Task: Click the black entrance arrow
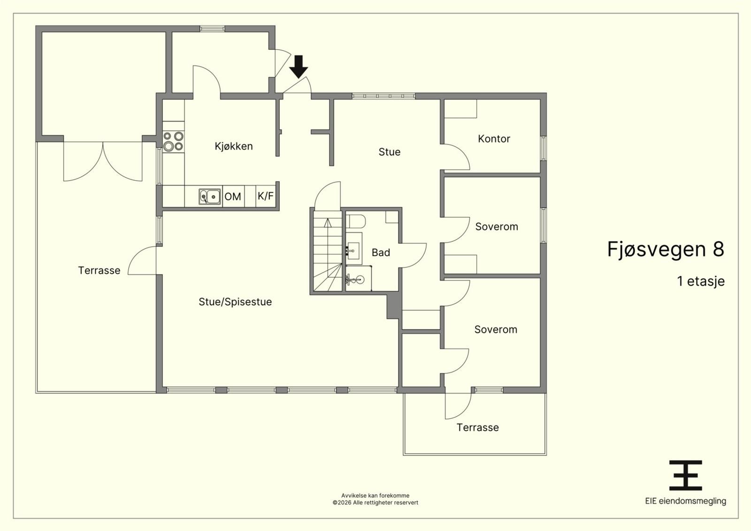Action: click(x=299, y=67)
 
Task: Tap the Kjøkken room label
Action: click(x=234, y=146)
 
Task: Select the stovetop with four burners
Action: click(x=173, y=141)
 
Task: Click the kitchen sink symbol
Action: click(x=209, y=197)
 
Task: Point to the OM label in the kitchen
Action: click(x=233, y=197)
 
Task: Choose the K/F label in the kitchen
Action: click(x=266, y=196)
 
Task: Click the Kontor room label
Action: click(x=494, y=139)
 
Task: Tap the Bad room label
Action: click(x=381, y=252)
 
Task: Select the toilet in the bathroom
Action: click(x=356, y=221)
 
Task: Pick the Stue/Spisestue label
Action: click(x=235, y=302)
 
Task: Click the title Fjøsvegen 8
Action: click(x=666, y=250)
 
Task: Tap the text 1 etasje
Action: click(x=701, y=281)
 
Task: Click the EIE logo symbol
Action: click(x=686, y=475)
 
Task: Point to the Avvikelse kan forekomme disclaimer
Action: click(x=375, y=495)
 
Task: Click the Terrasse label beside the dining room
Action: click(x=99, y=270)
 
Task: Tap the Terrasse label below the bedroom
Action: click(x=478, y=427)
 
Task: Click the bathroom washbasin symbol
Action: click(x=354, y=250)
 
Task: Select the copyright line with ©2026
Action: click(x=375, y=502)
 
